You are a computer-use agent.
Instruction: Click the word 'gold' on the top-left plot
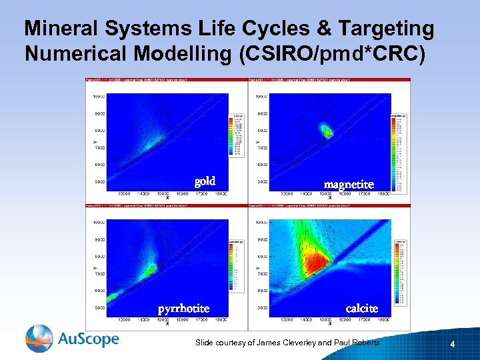point(205,181)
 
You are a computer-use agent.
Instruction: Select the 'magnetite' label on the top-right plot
point(349,184)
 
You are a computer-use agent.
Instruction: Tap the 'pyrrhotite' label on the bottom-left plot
point(183,309)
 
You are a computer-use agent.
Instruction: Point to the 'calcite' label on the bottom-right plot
point(362,308)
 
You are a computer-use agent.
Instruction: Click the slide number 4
point(453,345)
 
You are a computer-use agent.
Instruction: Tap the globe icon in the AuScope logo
point(39,338)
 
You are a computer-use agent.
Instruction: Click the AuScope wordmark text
point(88,339)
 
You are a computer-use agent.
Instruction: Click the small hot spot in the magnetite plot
point(328,132)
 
